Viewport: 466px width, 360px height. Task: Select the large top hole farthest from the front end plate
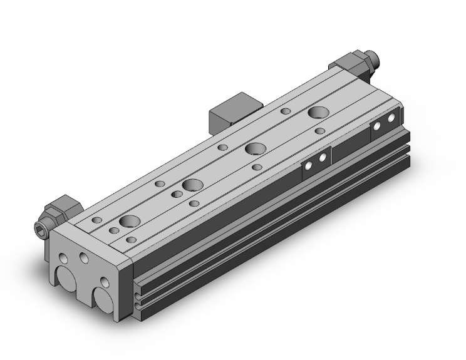(317, 113)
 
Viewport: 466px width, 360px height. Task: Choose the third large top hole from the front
(254, 149)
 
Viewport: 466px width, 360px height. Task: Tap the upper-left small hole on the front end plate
(65, 257)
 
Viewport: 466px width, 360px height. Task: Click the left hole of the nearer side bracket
(309, 165)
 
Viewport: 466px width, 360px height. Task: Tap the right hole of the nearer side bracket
(323, 158)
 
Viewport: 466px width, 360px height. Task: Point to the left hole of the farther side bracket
(378, 125)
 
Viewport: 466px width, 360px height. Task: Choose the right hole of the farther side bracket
(391, 118)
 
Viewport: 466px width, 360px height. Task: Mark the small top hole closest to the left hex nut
(97, 221)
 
